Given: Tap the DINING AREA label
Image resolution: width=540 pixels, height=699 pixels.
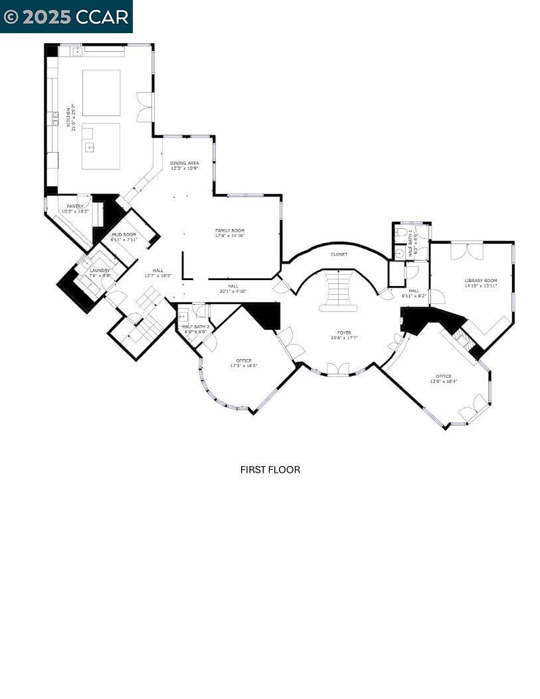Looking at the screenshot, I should [x=184, y=163].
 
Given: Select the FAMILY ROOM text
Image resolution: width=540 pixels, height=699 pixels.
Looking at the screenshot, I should [x=230, y=230].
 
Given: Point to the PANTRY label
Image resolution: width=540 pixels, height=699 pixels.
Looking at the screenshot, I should [x=75, y=206].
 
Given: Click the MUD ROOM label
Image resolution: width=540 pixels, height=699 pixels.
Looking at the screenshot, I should [x=124, y=235].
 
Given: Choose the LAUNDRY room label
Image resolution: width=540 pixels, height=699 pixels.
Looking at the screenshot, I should [x=100, y=271].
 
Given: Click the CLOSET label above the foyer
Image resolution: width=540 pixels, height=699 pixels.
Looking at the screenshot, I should [x=339, y=254].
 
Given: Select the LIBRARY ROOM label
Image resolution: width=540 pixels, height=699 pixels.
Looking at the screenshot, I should [x=480, y=281].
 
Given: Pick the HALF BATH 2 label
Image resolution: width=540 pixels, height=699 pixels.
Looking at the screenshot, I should [x=195, y=327].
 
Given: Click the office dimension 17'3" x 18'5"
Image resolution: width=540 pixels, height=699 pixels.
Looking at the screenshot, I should [x=244, y=366].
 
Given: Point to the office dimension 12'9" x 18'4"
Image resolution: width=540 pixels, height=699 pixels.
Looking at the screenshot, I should [x=443, y=382].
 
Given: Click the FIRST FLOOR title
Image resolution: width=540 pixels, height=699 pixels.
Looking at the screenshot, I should [x=270, y=470].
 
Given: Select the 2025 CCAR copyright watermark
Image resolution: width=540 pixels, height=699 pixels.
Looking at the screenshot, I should [x=66, y=17].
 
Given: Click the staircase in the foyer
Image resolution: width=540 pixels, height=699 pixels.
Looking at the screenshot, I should [x=338, y=289].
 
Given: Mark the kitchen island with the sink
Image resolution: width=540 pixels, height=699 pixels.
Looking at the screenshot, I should [x=101, y=145].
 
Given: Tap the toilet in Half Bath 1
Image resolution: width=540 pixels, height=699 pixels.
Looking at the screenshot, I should [x=401, y=232].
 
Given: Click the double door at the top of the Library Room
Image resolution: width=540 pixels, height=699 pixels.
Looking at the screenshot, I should [x=467, y=251].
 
